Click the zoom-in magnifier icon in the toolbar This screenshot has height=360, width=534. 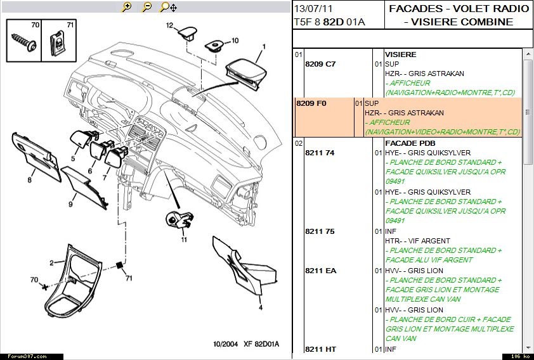(x=127, y=7)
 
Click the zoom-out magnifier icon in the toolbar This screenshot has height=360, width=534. (x=147, y=7)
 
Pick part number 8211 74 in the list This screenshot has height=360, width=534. (x=320, y=153)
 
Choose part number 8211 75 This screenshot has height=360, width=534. (x=320, y=231)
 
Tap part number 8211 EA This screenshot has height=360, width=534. (x=320, y=271)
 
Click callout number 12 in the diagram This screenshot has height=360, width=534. (x=170, y=26)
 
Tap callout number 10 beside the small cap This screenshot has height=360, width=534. (x=235, y=40)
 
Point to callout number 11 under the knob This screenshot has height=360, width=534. (x=184, y=240)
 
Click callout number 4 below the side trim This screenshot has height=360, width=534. (x=260, y=308)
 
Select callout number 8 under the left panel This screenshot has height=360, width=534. (x=29, y=180)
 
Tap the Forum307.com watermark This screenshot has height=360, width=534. (x=20, y=356)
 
